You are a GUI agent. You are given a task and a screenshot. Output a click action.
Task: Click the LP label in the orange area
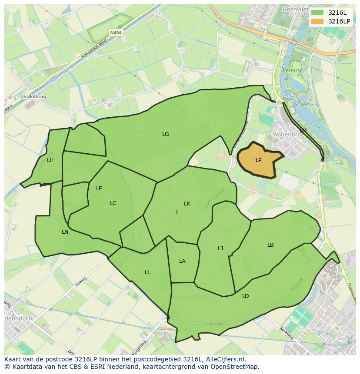tap(258, 160)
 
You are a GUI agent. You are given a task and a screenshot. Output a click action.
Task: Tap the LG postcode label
tap(165, 134)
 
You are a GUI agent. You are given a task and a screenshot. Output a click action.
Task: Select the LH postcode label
tap(50, 160)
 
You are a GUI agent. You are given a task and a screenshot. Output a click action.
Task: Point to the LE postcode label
tap(99, 189)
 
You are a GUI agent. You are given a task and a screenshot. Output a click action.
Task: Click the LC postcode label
tap(113, 203)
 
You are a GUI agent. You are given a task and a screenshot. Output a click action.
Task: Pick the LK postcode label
tap(187, 204)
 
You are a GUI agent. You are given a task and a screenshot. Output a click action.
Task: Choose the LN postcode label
tap(65, 232)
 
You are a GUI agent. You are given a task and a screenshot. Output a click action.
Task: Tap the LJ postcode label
tap(220, 248)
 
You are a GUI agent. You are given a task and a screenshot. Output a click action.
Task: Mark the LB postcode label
tap(270, 245)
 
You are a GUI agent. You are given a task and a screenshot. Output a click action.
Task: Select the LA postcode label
tap(182, 261)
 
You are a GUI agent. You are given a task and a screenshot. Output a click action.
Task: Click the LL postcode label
tap(147, 272)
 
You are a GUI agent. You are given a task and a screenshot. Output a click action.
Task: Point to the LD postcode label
tap(246, 296)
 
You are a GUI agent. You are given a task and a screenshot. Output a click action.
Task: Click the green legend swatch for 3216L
tap(317, 13)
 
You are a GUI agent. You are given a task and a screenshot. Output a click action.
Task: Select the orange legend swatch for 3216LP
tap(317, 21)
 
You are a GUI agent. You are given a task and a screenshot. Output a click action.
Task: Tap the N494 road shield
tap(116, 33)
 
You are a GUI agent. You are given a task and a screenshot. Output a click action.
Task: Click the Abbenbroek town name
tap(289, 135)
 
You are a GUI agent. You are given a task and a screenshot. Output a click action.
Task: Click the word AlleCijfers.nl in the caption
tap(226, 360)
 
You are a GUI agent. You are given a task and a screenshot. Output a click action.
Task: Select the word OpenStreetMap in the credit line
tap(237, 367)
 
